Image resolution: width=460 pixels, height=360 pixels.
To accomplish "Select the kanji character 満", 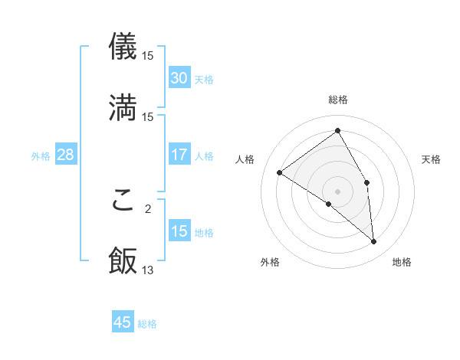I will click(123, 107).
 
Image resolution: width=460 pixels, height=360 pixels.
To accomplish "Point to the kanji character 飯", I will click(123, 260).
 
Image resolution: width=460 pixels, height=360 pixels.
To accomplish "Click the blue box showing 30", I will click(179, 78).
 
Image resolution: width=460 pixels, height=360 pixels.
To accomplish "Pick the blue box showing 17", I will click(179, 155).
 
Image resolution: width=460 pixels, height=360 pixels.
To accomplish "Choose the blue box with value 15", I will click(179, 231).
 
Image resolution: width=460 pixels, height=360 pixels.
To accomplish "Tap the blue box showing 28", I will click(65, 155).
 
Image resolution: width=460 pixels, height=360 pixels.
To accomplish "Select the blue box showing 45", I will click(123, 322).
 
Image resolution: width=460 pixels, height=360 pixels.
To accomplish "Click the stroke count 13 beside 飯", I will click(148, 270).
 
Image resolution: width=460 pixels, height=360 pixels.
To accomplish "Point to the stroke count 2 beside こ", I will click(148, 208).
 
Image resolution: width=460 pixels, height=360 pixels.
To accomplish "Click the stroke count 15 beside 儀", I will click(148, 55).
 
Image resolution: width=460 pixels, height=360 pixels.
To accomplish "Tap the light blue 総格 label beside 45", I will click(148, 324).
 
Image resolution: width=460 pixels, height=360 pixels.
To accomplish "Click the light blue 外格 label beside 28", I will click(41, 155).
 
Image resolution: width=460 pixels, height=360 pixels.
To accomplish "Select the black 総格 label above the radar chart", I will click(338, 100).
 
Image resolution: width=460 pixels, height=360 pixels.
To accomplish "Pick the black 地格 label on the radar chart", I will click(402, 262).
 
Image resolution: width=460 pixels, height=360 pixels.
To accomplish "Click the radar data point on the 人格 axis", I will click(280, 173).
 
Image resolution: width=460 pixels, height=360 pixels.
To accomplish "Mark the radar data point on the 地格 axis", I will click(374, 242).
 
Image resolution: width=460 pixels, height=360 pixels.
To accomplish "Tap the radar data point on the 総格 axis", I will click(338, 131).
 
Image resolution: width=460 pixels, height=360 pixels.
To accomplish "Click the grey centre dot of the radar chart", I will click(338, 191).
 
